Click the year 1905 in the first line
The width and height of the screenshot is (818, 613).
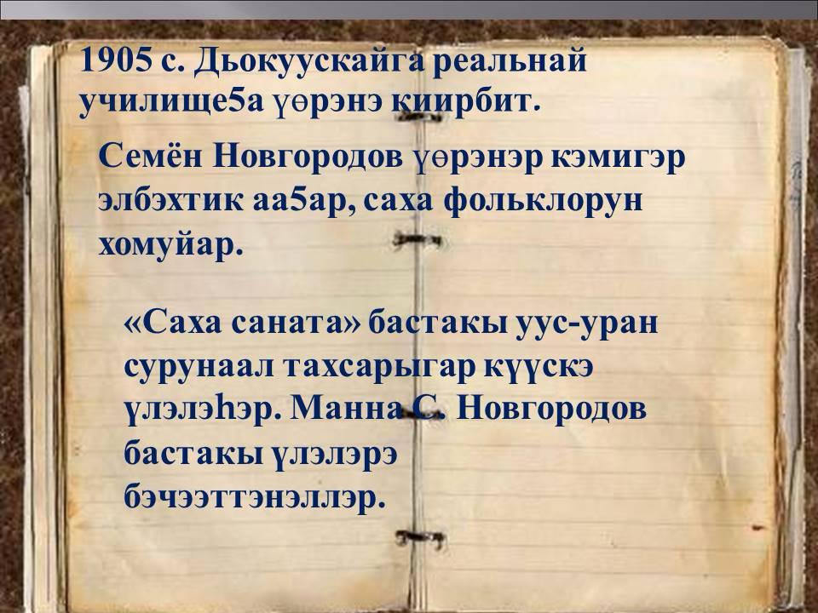click(x=113, y=61)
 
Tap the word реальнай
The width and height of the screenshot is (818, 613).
click(x=509, y=62)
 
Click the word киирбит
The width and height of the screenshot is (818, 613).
click(x=464, y=102)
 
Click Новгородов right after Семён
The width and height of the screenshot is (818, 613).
click(x=308, y=158)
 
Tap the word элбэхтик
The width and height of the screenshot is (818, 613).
click(x=170, y=201)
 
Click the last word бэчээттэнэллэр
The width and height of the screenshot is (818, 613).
click(x=255, y=495)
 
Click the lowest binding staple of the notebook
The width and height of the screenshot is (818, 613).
click(x=420, y=537)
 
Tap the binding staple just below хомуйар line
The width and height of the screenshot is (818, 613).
click(x=418, y=239)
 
